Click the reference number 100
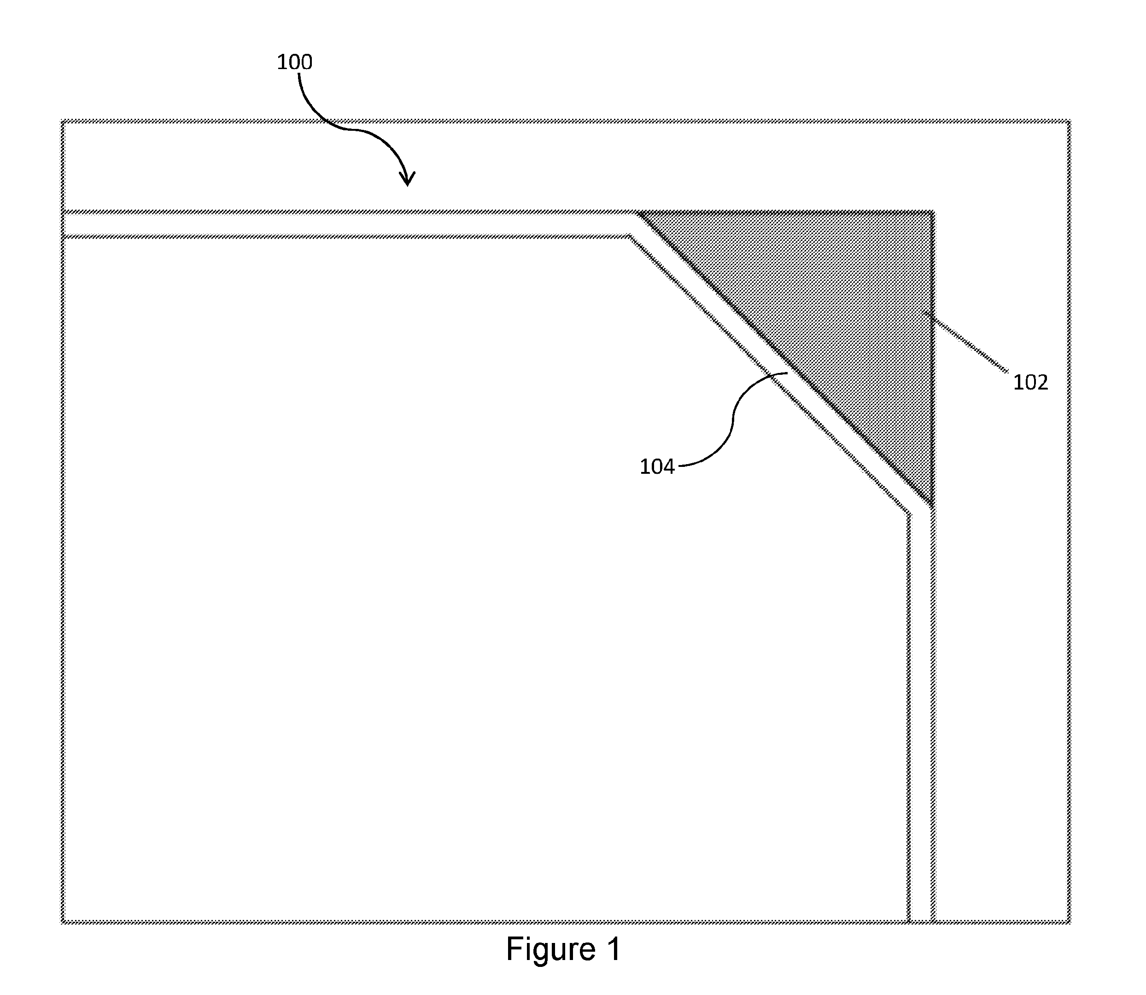[x=294, y=62]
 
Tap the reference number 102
[x=1030, y=383]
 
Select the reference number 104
[x=657, y=467]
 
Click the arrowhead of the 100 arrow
[x=407, y=179]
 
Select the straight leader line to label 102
[x=966, y=342]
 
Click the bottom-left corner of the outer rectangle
[x=63, y=922]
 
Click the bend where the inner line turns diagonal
[x=629, y=237]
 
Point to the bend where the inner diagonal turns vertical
[x=909, y=513]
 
